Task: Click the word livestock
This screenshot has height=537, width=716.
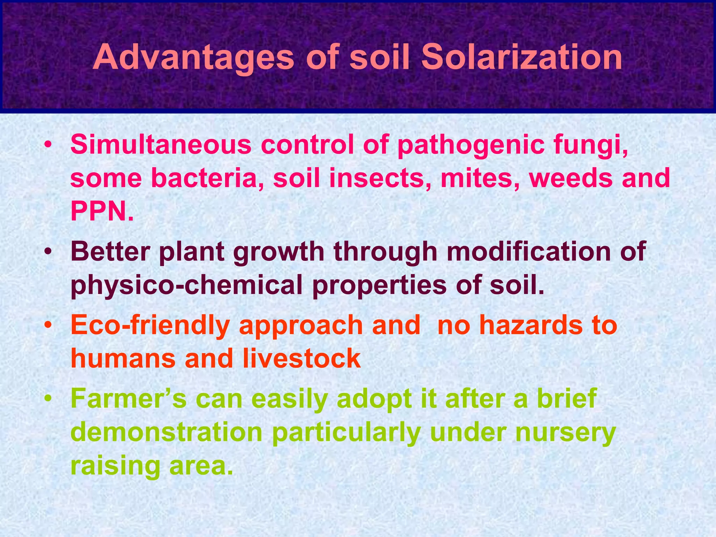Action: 301,359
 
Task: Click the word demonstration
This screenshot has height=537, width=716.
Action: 166,433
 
